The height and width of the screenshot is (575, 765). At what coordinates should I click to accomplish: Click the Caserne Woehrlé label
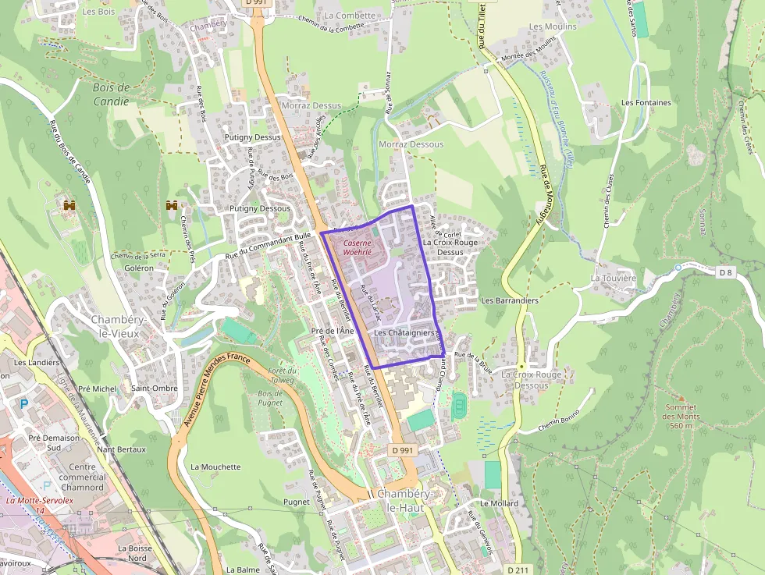pyautogui.click(x=354, y=247)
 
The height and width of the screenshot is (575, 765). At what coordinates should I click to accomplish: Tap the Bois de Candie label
pyautogui.click(x=110, y=94)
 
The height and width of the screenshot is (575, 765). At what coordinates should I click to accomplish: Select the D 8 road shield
pyautogui.click(x=726, y=272)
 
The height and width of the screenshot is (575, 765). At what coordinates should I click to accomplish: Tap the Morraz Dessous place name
pyautogui.click(x=411, y=144)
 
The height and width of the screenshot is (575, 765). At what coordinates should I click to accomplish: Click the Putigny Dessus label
pyautogui.click(x=251, y=137)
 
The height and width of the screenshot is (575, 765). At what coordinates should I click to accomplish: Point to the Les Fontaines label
pyautogui.click(x=646, y=102)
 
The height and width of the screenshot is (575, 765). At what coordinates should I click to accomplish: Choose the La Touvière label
pyautogui.click(x=614, y=278)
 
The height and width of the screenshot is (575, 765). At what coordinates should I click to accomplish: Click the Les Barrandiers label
pyautogui.click(x=510, y=300)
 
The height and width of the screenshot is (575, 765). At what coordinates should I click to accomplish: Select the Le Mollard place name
pyautogui.click(x=500, y=503)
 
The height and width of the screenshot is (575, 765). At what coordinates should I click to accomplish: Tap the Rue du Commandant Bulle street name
pyautogui.click(x=269, y=247)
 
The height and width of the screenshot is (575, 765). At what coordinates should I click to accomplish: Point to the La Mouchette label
pyautogui.click(x=215, y=467)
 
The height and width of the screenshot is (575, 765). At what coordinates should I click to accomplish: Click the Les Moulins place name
pyautogui.click(x=553, y=27)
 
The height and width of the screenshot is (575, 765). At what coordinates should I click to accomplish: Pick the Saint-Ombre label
pyautogui.click(x=154, y=388)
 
